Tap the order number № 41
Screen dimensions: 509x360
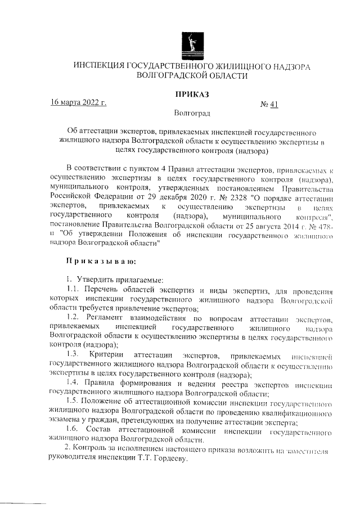click(x=269, y=104)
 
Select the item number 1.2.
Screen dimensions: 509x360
click(x=73, y=319)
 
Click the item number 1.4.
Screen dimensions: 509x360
click(x=73, y=384)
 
